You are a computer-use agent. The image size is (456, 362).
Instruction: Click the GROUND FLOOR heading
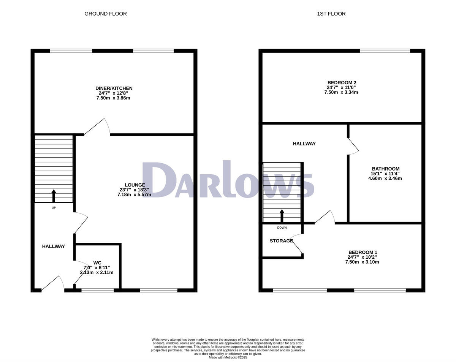pos(105,14)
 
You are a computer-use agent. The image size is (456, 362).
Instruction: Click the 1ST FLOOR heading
pos(331,14)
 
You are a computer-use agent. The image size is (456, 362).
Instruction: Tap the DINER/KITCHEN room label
pos(114,88)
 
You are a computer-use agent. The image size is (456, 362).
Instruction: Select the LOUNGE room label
pos(135,185)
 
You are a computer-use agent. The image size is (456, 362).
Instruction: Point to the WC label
pos(97,262)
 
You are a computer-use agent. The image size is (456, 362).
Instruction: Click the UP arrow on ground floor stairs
pos(53,196)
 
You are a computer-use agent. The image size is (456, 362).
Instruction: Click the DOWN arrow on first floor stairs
pos(282,216)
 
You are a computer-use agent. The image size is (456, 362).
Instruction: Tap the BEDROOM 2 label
pos(342,82)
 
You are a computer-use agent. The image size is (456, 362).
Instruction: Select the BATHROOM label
pos(385,169)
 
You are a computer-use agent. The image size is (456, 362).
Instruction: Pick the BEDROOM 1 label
pos(363,252)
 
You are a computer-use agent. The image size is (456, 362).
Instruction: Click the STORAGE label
pos(281,241)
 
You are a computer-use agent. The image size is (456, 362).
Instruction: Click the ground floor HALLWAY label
pos(53,246)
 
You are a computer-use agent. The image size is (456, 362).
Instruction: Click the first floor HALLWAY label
pos(304,144)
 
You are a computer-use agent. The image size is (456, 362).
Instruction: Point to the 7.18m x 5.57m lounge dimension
pos(134,194)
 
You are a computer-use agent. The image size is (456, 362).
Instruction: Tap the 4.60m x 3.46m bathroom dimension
pos(385,178)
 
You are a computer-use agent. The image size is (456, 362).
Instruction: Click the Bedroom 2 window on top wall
pos(385,51)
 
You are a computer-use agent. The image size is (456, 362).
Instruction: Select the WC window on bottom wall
pos(97,291)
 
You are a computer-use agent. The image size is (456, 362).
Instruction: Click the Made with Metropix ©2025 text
pos(228,357)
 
